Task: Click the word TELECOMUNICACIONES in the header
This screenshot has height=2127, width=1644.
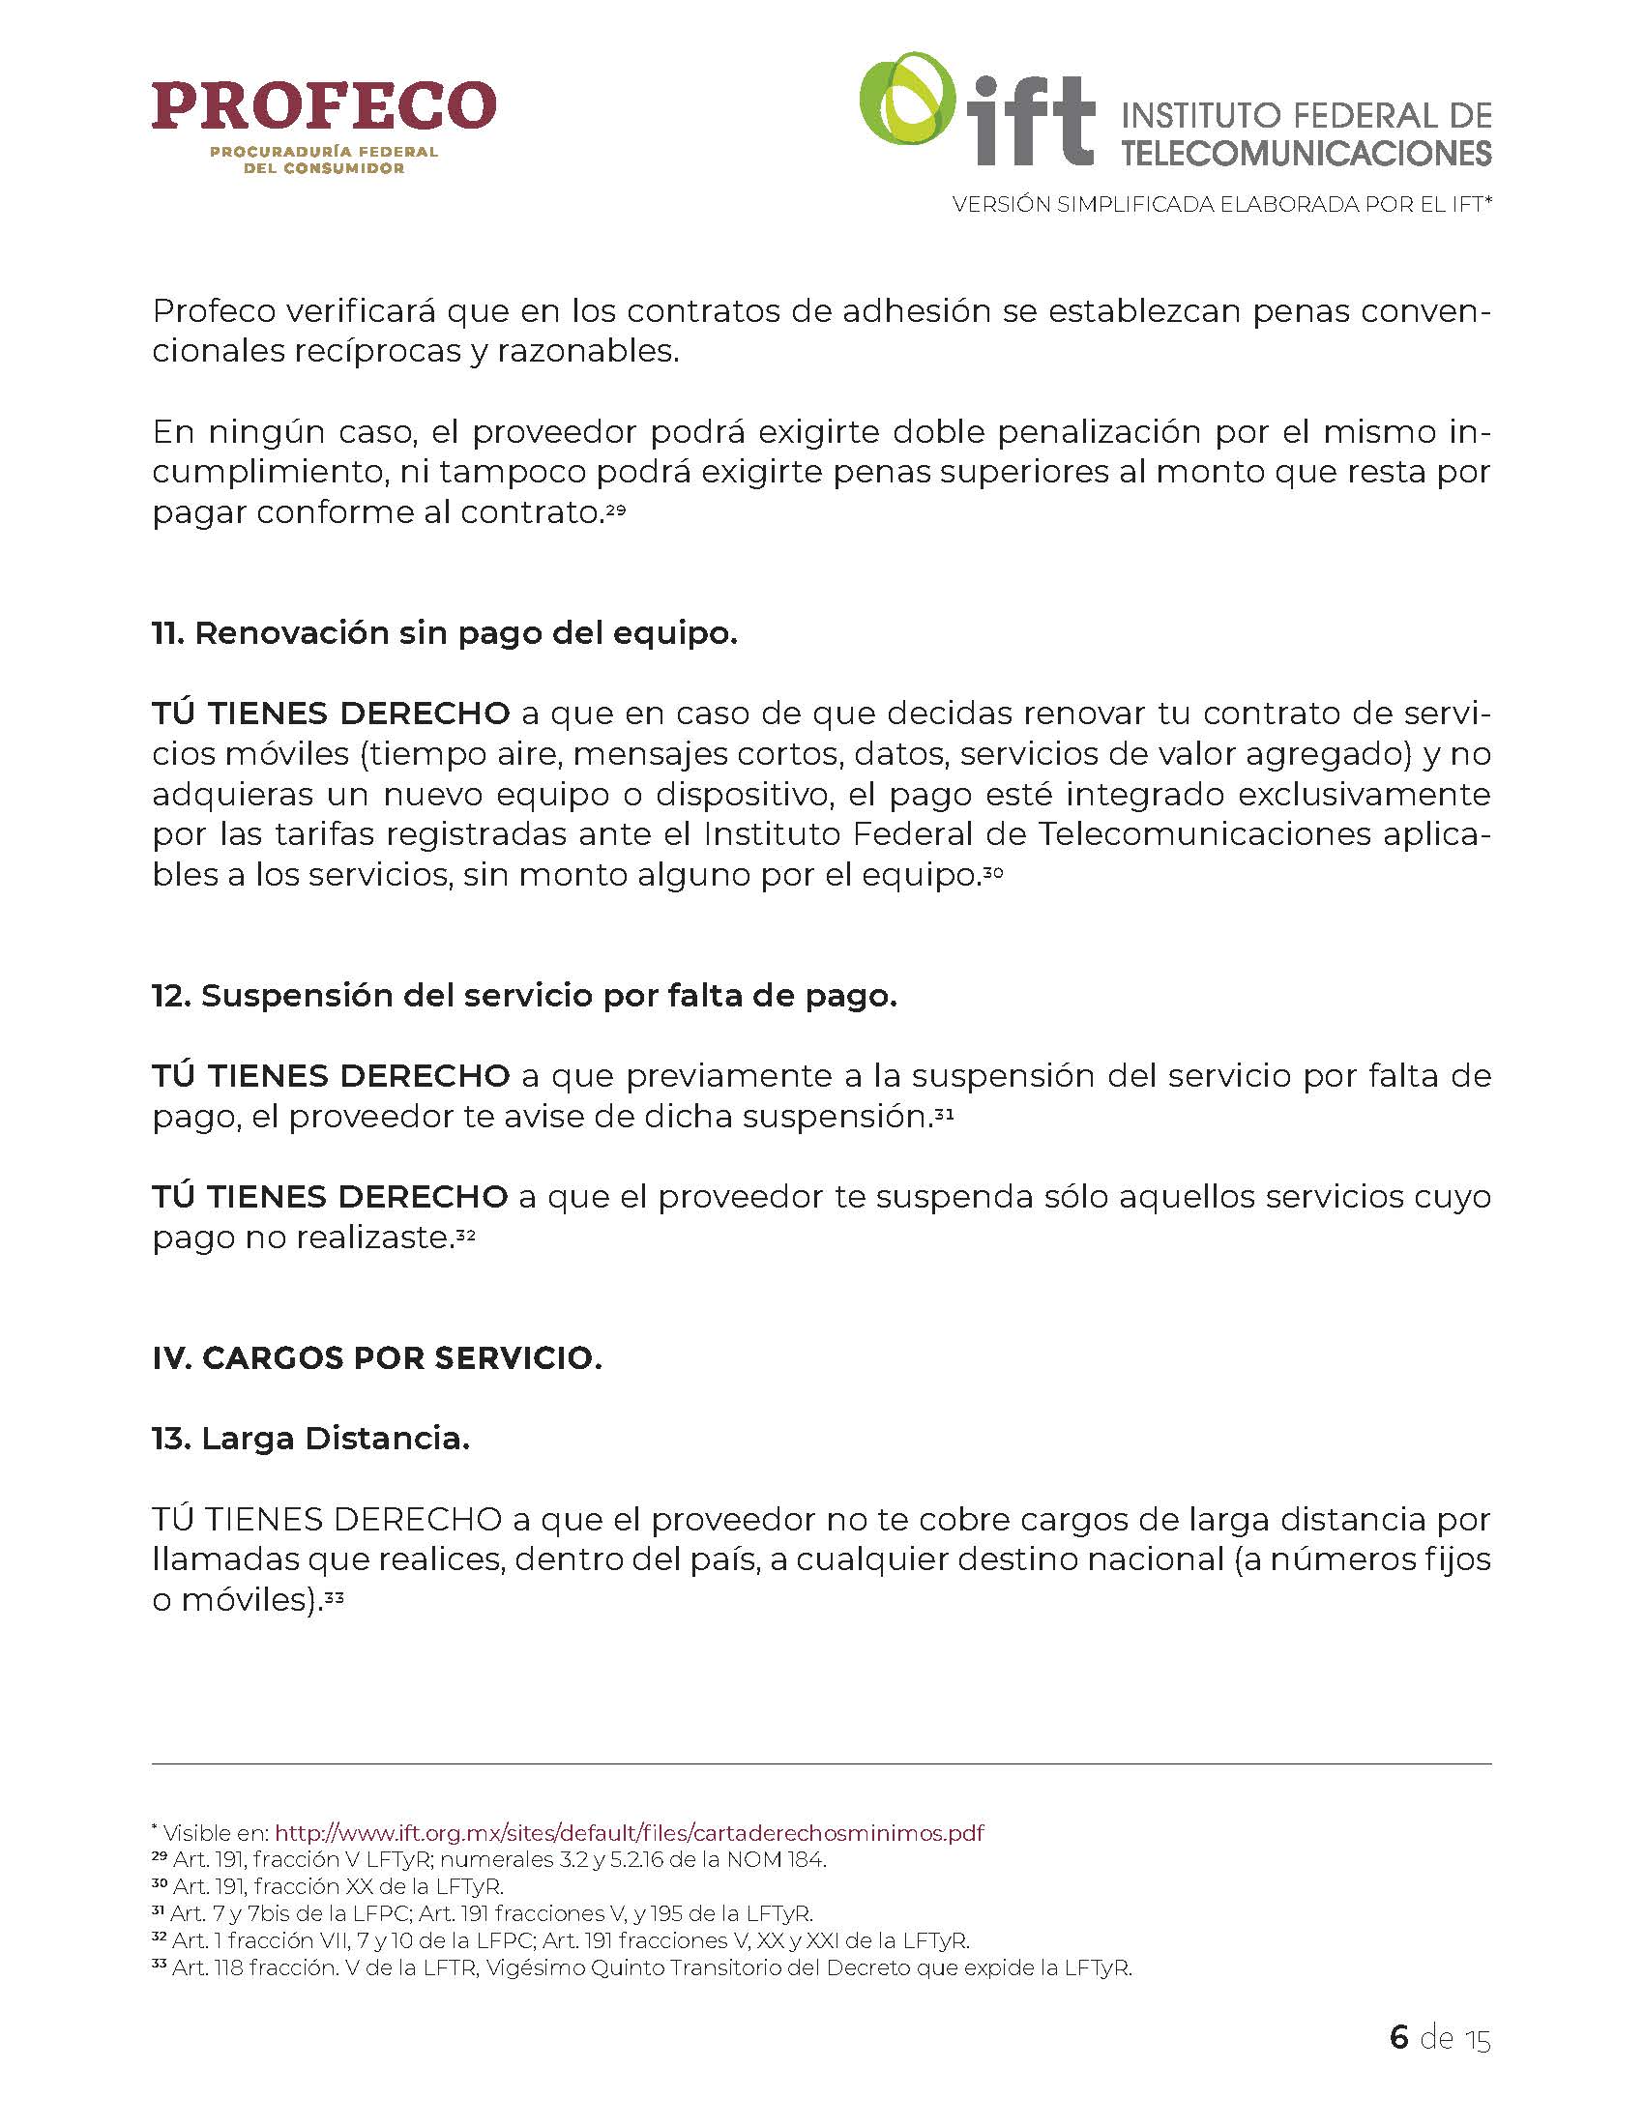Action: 1306,153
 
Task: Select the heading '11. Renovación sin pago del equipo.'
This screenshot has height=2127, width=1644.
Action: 444,633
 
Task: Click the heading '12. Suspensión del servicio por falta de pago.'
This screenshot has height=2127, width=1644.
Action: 524,995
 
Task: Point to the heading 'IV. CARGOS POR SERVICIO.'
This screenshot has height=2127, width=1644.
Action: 377,1357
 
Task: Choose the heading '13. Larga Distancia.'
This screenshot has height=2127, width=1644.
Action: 310,1438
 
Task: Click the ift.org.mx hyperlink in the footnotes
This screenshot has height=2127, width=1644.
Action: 630,1833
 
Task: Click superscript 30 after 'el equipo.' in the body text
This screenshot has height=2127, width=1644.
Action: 992,871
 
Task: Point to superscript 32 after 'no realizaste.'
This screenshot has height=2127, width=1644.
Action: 465,1233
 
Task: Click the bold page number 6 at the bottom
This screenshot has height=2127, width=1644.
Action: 1398,2036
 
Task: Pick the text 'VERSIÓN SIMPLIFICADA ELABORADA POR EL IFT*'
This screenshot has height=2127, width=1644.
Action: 1222,205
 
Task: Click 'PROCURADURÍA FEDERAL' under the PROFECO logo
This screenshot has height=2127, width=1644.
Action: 323,152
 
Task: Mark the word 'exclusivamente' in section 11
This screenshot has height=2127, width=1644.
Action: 1364,794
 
